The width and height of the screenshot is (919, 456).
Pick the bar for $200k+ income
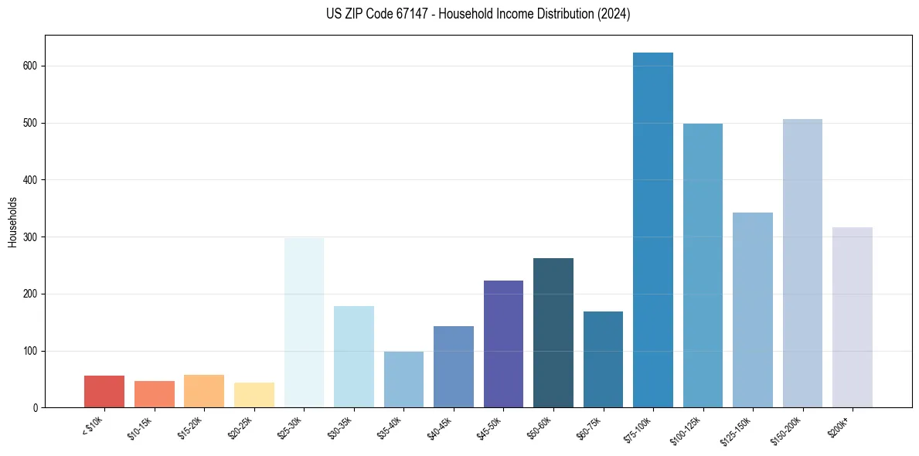(852, 318)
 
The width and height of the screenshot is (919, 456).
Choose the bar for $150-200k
(802, 264)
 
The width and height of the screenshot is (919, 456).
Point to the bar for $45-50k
(503, 344)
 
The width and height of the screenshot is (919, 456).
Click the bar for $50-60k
(553, 333)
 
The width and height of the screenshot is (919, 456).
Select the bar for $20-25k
(254, 395)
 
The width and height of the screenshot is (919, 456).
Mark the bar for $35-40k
(403, 379)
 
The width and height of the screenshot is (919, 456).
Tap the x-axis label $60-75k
(588, 427)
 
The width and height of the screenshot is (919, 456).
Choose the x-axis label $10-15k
(140, 427)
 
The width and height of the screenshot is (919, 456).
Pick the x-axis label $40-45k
(439, 427)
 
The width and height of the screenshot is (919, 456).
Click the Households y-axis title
(12, 222)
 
